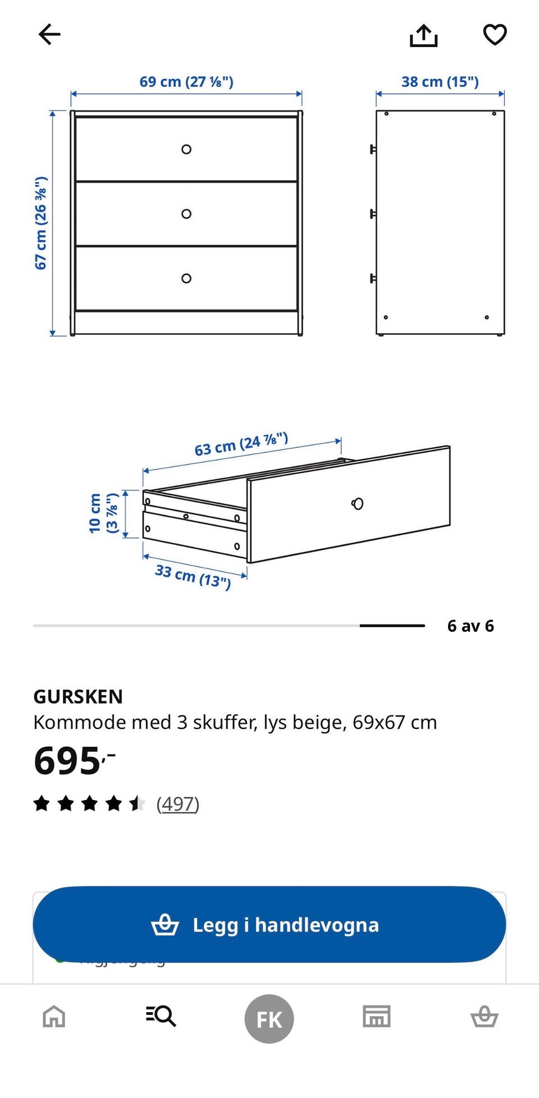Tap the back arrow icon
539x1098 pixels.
49,35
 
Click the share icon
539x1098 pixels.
423,35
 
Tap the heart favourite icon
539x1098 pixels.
495,35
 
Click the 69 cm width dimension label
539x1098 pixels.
186,82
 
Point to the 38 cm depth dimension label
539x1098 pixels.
440,82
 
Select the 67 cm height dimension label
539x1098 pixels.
41,223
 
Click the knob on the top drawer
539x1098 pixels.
186,149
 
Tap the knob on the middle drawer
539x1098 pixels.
186,214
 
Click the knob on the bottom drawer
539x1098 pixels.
186,278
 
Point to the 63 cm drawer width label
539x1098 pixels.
241,444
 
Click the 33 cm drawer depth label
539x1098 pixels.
193,576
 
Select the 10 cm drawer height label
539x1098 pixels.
103,513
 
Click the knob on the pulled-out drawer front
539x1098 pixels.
358,503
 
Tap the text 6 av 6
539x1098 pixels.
470,626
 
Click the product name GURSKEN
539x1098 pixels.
78,696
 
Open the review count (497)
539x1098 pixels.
177,804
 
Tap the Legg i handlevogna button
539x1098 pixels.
269,925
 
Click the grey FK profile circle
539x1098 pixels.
269,1018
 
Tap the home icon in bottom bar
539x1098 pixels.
54,1016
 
